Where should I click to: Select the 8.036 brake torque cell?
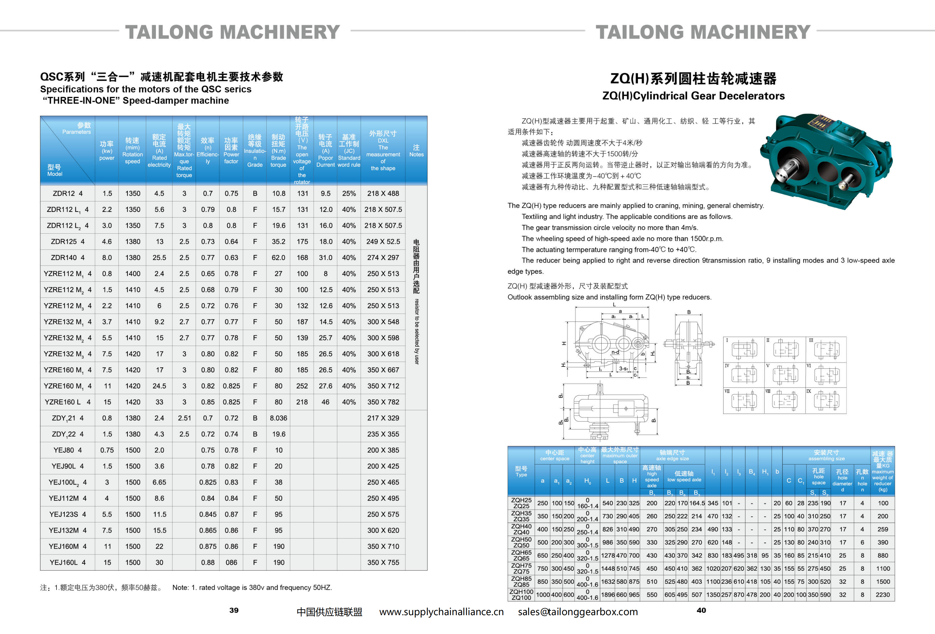tap(278, 418)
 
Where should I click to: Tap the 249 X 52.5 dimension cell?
tap(383, 242)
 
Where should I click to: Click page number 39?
tap(234, 610)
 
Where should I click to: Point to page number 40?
tap(701, 610)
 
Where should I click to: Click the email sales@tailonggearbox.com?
tap(578, 612)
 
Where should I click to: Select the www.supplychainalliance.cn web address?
tap(441, 612)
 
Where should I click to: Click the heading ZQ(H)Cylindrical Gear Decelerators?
tap(693, 96)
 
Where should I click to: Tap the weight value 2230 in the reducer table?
tap(883, 595)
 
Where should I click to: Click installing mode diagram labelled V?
tap(785, 375)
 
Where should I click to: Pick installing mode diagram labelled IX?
tap(826, 401)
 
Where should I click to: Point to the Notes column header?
tap(416, 151)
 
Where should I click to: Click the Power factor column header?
tap(231, 151)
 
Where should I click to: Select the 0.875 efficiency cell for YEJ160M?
tap(208, 546)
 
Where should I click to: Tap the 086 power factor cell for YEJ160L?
tap(231, 562)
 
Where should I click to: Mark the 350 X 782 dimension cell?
tap(383, 402)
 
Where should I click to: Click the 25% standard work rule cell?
tap(349, 193)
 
